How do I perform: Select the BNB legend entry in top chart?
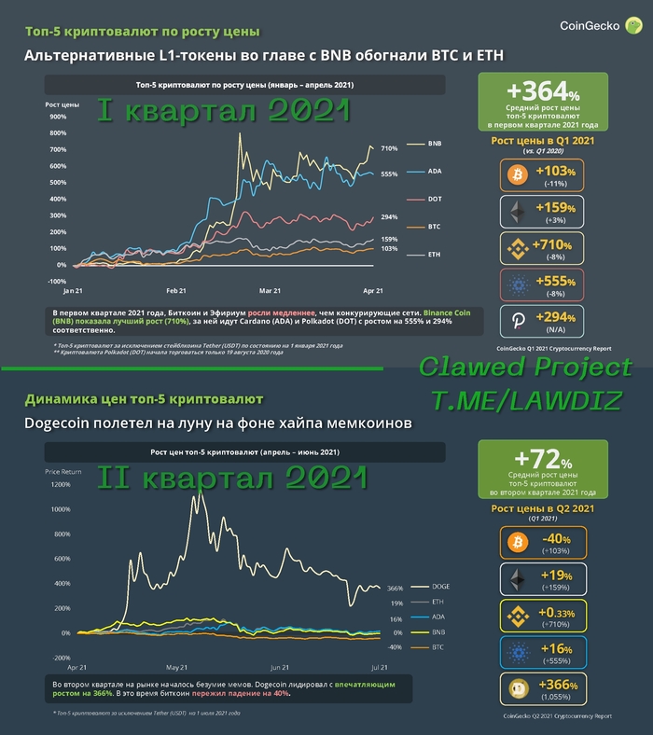tap(435, 145)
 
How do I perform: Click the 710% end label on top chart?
tap(389, 148)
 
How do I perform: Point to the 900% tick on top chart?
tap(57, 117)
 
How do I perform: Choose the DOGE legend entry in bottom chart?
tap(442, 587)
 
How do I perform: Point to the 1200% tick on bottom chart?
tap(59, 485)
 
